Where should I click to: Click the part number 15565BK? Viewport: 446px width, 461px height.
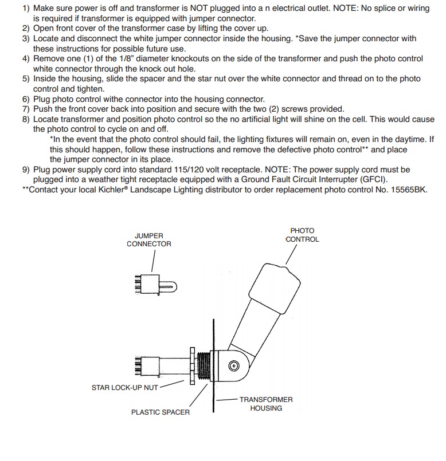point(406,190)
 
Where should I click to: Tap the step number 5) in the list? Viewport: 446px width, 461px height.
point(26,78)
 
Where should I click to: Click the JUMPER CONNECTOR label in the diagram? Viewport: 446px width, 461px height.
point(149,239)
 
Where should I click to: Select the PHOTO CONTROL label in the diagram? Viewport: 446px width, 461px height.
point(302,235)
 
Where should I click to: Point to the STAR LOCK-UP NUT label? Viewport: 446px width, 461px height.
point(124,388)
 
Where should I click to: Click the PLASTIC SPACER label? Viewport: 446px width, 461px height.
point(161,412)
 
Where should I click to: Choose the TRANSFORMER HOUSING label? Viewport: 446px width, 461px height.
point(266,404)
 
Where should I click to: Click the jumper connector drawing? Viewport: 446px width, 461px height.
point(153,285)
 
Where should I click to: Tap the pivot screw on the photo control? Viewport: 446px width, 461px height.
point(234,365)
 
